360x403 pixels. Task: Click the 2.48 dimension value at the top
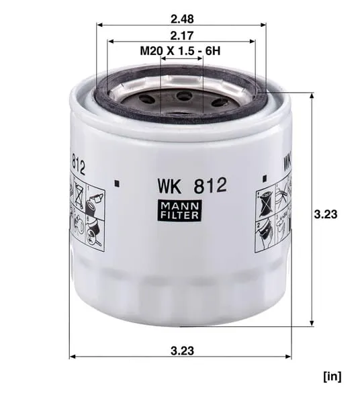(182, 19)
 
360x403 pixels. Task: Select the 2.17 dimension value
(181, 36)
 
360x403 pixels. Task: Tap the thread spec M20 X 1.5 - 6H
(180, 51)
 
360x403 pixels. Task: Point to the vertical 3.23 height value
(326, 214)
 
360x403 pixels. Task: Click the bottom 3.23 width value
(182, 351)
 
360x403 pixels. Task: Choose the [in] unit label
(332, 377)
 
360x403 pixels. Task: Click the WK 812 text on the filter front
(192, 186)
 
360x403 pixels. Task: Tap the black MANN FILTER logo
(180, 210)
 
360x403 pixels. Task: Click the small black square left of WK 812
(117, 183)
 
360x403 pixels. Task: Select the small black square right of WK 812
(265, 179)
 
